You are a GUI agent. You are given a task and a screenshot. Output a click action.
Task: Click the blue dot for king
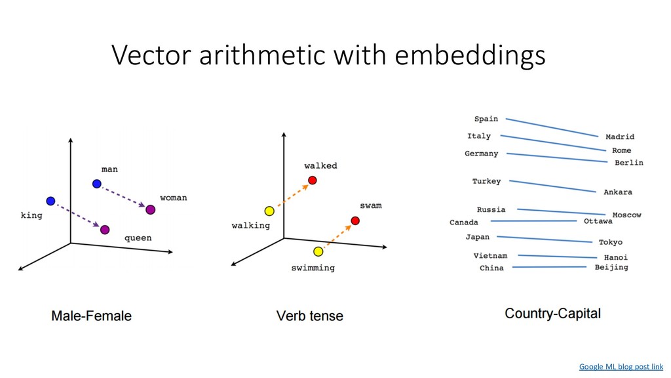click(x=50, y=200)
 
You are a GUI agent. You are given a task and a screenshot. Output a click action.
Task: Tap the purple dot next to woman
click(x=150, y=209)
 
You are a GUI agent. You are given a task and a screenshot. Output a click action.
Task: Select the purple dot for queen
click(x=105, y=229)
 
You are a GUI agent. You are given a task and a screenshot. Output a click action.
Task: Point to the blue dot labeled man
click(x=97, y=183)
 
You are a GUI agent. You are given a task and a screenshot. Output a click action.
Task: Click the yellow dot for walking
click(x=269, y=211)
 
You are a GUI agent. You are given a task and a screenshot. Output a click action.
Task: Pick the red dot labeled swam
click(x=355, y=220)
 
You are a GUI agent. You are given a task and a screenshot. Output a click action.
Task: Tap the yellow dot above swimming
click(x=318, y=251)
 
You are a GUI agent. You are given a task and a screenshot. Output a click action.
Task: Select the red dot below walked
click(x=313, y=180)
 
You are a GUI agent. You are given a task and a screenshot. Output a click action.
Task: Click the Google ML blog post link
click(x=621, y=367)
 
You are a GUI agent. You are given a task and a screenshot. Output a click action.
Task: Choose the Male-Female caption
click(x=92, y=316)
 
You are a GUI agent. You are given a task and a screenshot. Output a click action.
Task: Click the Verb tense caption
click(x=309, y=316)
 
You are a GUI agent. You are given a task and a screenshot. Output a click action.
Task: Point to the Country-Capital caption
click(x=552, y=314)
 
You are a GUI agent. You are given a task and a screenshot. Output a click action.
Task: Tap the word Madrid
click(x=619, y=137)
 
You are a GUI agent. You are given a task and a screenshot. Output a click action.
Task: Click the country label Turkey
click(x=486, y=181)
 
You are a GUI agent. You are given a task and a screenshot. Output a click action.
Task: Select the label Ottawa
click(x=598, y=222)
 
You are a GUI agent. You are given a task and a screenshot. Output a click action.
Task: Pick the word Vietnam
click(x=490, y=255)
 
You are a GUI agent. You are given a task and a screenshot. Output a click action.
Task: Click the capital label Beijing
click(x=611, y=267)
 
